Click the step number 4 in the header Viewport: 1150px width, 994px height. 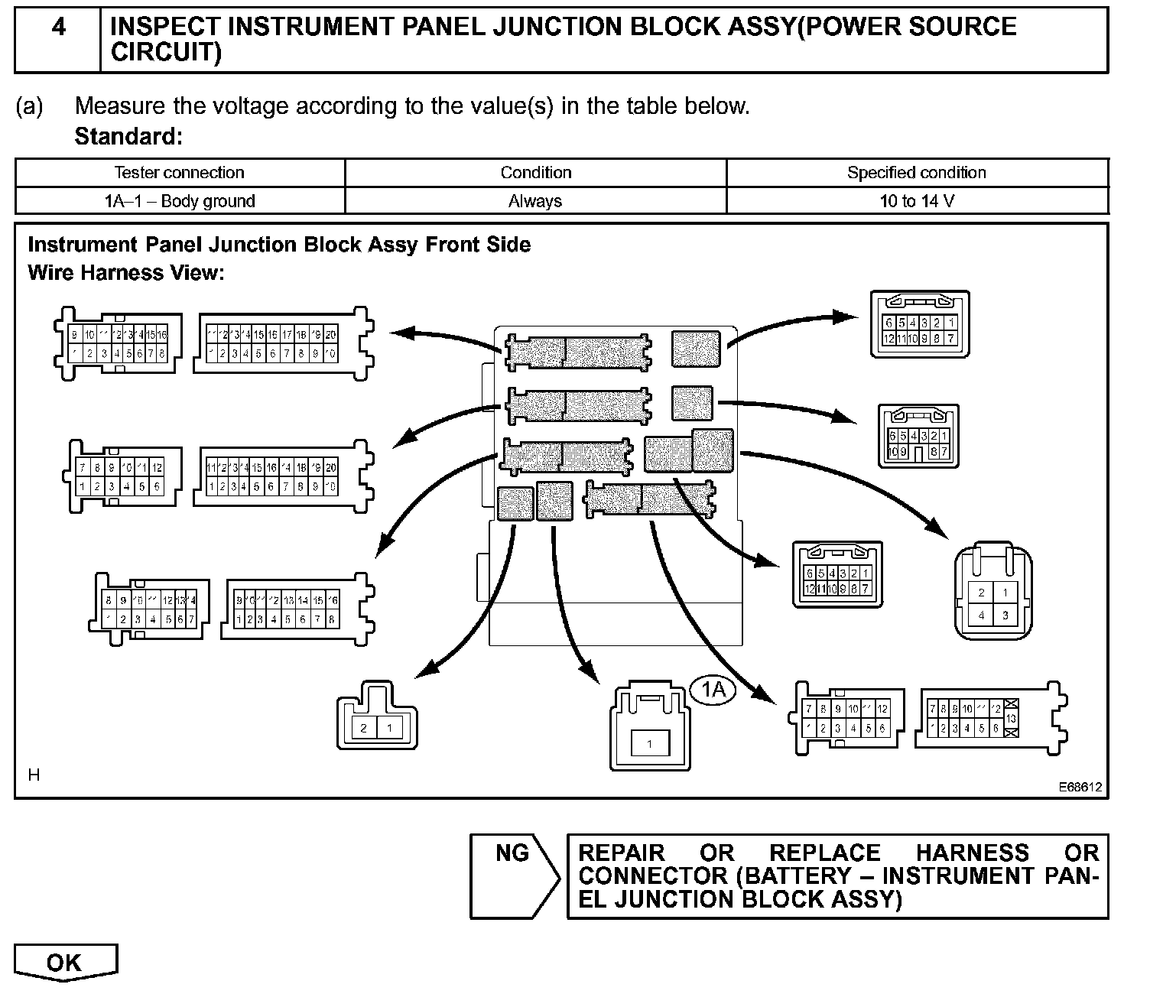point(58,28)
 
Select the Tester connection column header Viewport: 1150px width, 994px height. point(179,173)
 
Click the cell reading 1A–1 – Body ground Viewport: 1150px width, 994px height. point(179,202)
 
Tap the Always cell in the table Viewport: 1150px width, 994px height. point(535,202)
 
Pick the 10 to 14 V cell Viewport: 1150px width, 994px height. point(916,202)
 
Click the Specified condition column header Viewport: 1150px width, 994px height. point(916,173)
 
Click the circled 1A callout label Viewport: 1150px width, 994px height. point(713,690)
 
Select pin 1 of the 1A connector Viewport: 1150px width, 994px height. point(649,743)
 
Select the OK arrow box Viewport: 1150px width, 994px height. point(65,963)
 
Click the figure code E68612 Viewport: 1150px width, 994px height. point(1080,786)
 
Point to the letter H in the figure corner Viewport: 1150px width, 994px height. point(34,775)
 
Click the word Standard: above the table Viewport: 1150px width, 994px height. point(128,137)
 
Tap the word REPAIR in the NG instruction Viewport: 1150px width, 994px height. point(622,853)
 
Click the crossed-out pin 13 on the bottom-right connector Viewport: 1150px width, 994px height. point(1012,719)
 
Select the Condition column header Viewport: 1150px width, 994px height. point(535,173)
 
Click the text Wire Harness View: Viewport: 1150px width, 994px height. point(126,273)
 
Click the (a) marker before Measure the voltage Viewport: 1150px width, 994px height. point(30,106)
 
